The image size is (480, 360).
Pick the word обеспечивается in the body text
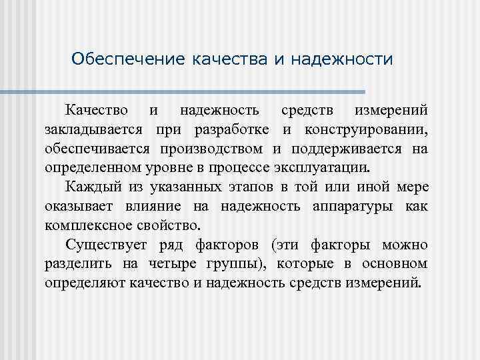click(94, 147)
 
